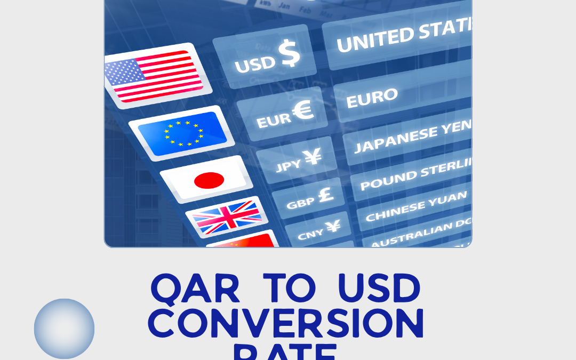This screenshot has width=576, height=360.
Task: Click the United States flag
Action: (155, 75)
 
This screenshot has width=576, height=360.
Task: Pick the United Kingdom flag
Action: (227, 217)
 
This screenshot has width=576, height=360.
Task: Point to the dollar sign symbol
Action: (290, 54)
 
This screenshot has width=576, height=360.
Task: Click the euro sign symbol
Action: (302, 110)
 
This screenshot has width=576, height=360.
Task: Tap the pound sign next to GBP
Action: (325, 195)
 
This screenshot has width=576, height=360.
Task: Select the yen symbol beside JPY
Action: (313, 157)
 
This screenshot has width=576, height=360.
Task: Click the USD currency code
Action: (255, 64)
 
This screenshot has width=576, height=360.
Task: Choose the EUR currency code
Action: (274, 120)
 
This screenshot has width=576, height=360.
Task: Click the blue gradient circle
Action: (65, 329)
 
